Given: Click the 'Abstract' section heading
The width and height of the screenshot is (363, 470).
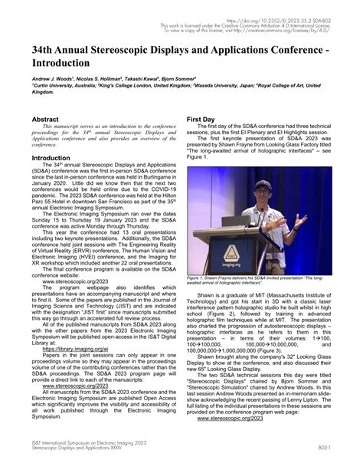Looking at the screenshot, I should [44, 120].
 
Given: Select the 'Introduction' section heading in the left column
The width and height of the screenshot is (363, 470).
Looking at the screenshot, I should [51, 158].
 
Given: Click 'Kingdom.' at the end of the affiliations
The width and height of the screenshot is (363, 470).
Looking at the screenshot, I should [42, 90].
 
